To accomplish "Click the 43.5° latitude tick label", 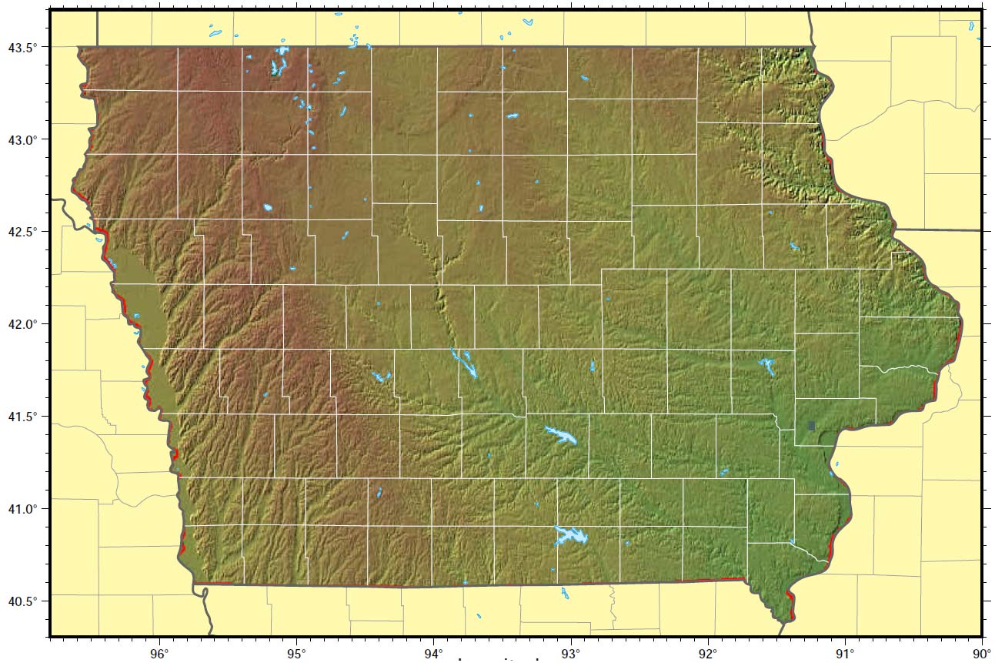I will pyautogui.click(x=24, y=48).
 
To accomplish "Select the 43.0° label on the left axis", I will pyautogui.click(x=24, y=140).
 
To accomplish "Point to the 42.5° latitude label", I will pyautogui.click(x=24, y=232).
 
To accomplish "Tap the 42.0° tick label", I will pyautogui.click(x=24, y=324).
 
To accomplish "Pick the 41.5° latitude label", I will pyautogui.click(x=24, y=417).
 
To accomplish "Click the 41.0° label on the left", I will pyautogui.click(x=24, y=509).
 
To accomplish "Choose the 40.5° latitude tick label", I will pyautogui.click(x=24, y=601).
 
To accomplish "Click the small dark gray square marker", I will pyautogui.click(x=811, y=425).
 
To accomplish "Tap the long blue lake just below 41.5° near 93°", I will pyautogui.click(x=562, y=435).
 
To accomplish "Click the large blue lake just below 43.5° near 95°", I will pyautogui.click(x=278, y=63).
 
